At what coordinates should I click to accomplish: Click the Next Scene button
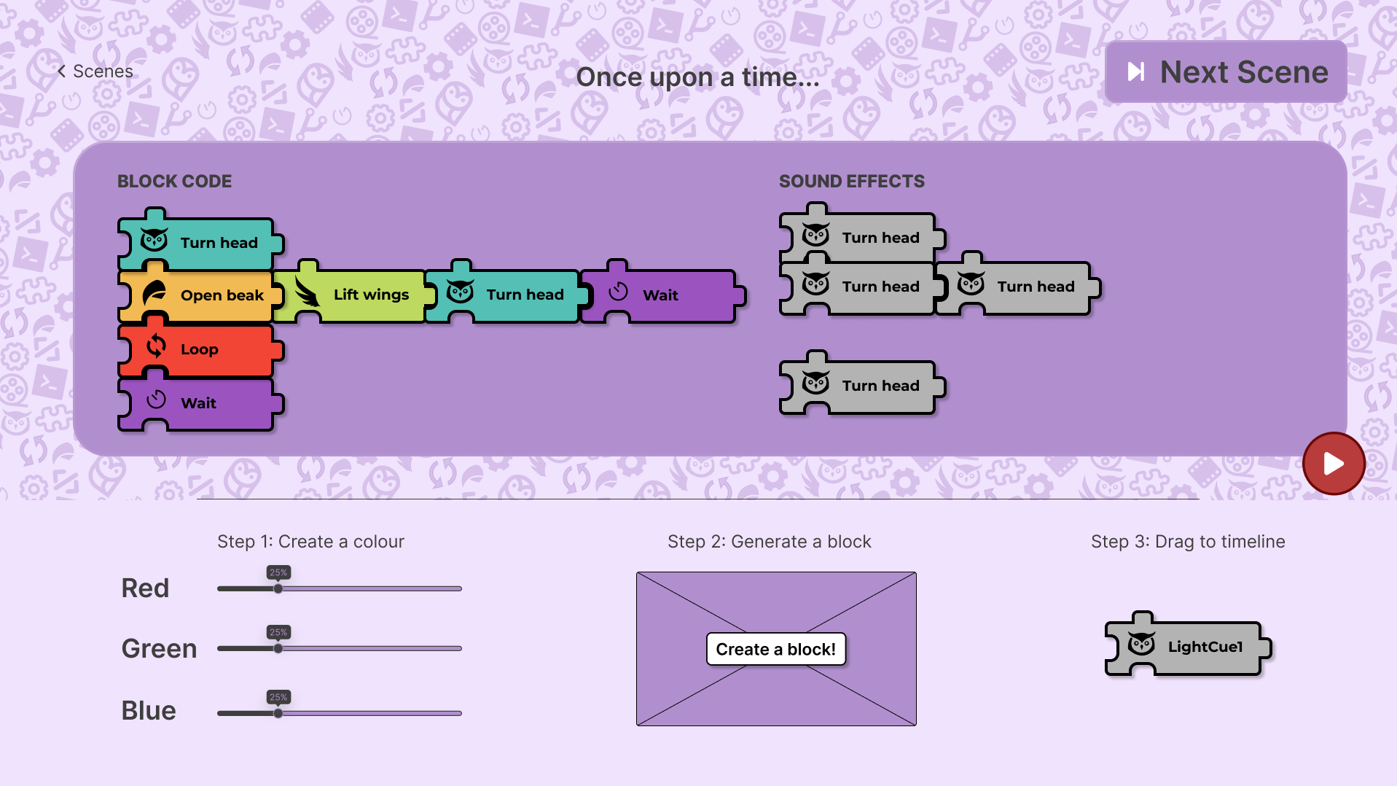[x=1226, y=71]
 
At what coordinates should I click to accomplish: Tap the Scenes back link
[x=95, y=71]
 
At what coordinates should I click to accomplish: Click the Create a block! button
[x=776, y=649]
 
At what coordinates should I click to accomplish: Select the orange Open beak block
[x=200, y=295]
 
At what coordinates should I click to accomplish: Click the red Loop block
[x=200, y=349]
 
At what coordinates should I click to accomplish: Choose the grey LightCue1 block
[x=1188, y=645]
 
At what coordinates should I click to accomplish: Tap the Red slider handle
[x=278, y=588]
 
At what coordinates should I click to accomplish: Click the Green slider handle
[x=278, y=648]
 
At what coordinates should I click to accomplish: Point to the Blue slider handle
[x=278, y=713]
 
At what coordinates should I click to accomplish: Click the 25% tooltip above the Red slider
[x=278, y=573]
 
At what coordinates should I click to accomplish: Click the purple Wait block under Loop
[x=200, y=402]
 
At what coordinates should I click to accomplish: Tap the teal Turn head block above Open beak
[x=200, y=241]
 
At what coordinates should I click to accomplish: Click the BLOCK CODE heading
[x=175, y=182]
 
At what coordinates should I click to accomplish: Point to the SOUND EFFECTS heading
[x=852, y=182]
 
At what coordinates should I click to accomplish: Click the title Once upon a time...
[x=697, y=77]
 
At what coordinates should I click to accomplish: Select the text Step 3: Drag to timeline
[x=1188, y=542]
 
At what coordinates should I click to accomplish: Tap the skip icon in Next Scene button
[x=1135, y=71]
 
